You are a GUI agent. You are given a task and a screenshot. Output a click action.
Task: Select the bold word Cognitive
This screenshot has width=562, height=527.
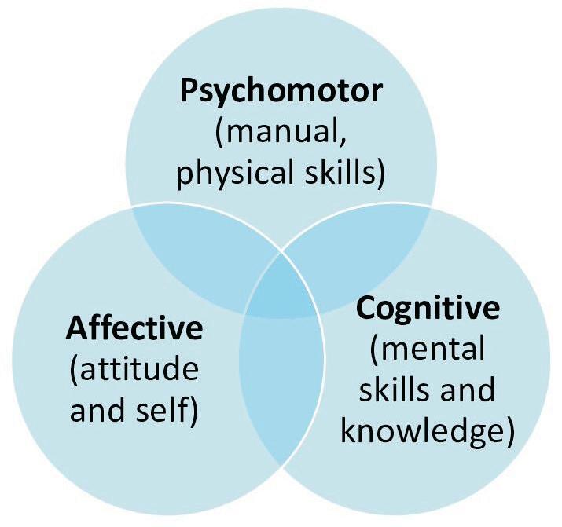coord(428,308)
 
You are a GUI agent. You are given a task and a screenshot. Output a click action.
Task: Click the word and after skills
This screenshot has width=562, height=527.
coord(468,390)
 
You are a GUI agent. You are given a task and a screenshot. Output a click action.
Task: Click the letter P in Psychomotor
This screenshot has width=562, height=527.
coord(189,92)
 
